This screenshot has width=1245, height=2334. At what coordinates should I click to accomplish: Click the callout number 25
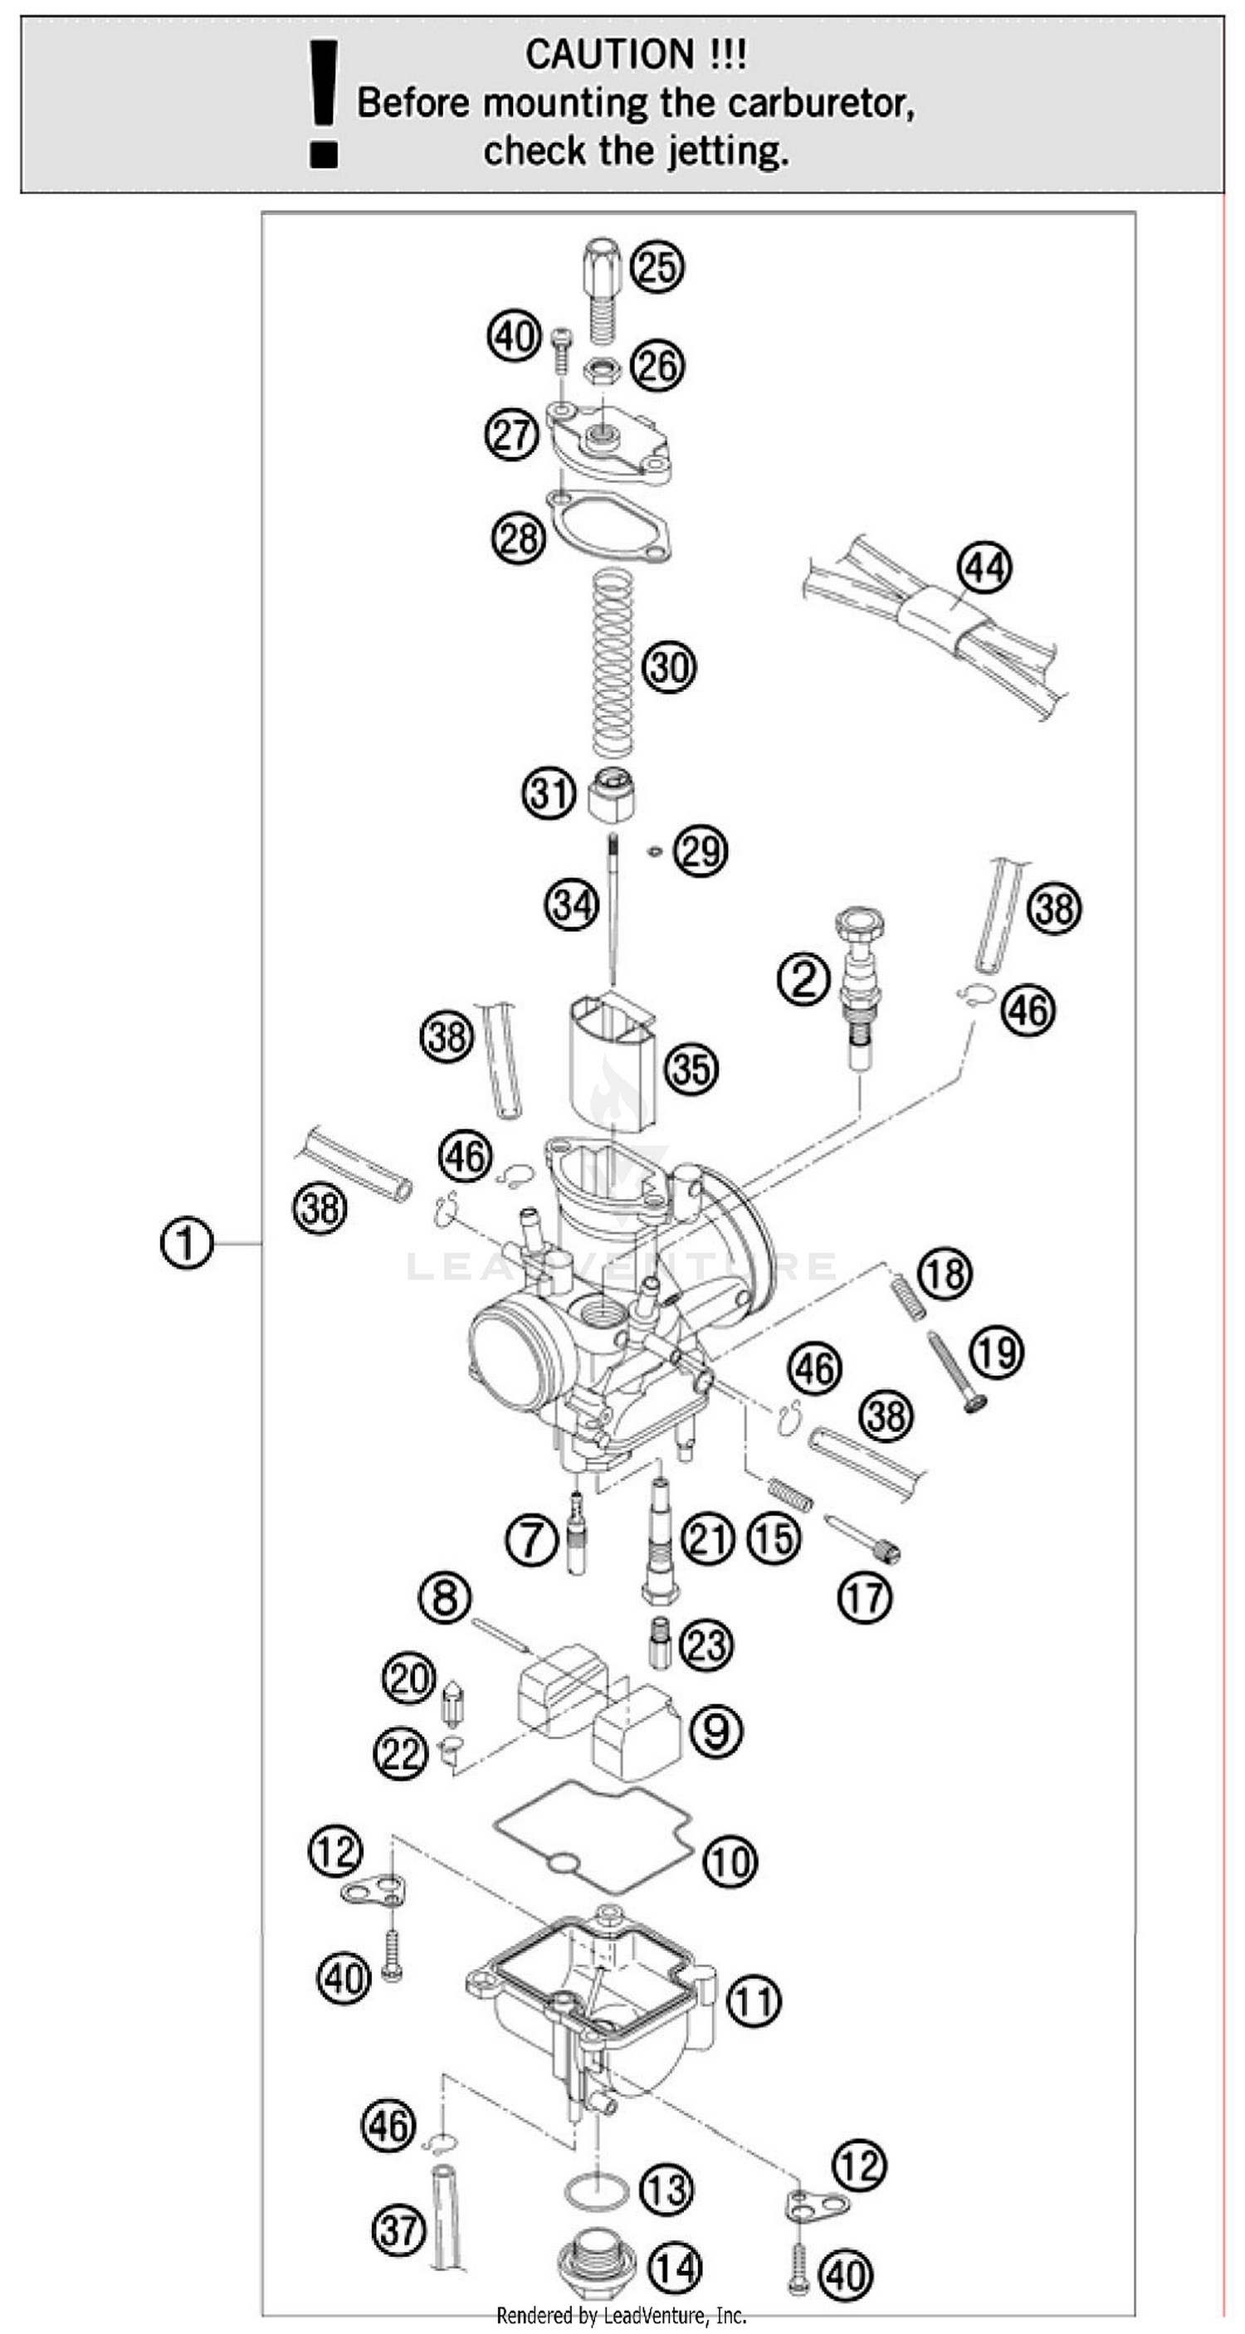[658, 266]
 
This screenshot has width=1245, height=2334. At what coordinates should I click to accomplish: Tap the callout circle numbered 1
[186, 1242]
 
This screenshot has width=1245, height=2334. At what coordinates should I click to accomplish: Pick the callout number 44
[985, 568]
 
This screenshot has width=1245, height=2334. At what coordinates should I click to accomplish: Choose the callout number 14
[675, 2268]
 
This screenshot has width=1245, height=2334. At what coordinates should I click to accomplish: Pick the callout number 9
[715, 1730]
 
